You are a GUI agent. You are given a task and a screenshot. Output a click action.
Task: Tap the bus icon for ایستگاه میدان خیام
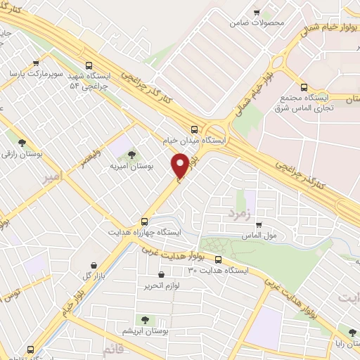coord(194,129)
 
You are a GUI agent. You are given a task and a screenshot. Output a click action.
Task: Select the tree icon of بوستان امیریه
coord(131,154)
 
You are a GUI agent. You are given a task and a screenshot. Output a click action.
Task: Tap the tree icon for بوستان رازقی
coord(23,141)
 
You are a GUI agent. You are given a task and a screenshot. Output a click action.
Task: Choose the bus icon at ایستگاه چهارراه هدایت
coord(145,219)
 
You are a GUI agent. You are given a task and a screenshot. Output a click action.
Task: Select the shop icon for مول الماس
coord(259,225)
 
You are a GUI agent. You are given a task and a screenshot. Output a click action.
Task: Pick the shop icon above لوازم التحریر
coord(162,275)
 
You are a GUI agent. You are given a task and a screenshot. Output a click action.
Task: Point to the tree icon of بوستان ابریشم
coord(146,321)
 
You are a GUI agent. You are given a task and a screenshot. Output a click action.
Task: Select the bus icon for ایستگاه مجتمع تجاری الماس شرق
coord(304,88)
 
